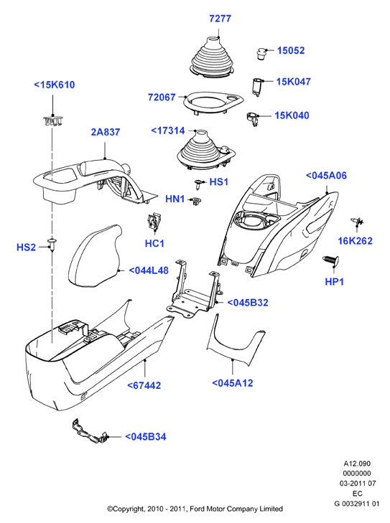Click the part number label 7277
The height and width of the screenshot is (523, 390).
click(x=220, y=19)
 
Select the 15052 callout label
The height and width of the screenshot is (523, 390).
click(x=291, y=50)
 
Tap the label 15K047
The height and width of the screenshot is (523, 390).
click(x=294, y=81)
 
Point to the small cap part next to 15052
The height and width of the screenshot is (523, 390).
click(x=261, y=53)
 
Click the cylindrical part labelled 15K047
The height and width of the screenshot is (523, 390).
click(x=257, y=87)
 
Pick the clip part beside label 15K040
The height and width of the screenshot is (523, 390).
click(x=253, y=119)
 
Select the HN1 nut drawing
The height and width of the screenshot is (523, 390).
click(x=195, y=201)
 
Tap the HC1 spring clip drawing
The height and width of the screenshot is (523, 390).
click(x=154, y=222)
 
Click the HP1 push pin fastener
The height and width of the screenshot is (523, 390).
click(x=330, y=261)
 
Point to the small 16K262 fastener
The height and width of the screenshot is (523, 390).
click(x=356, y=222)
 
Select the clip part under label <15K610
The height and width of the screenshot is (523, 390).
click(x=52, y=121)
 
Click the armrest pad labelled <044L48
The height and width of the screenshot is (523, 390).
click(x=95, y=256)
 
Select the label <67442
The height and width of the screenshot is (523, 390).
click(x=144, y=385)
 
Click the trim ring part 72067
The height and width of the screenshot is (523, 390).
click(x=214, y=103)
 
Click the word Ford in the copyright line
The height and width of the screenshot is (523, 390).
click(x=198, y=509)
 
